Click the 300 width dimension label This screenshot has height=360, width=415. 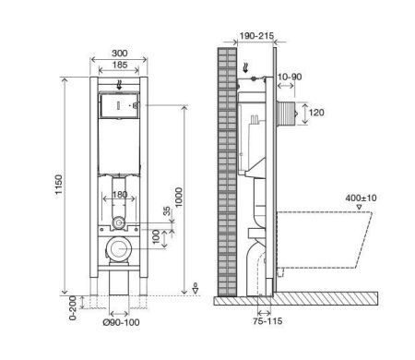click(120, 54)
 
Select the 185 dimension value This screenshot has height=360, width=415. click(120, 66)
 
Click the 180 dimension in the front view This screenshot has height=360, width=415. click(119, 195)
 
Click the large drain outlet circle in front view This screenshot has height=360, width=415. click(119, 249)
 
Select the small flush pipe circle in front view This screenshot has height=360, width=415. click(118, 222)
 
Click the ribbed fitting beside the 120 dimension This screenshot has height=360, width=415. click(294, 114)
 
